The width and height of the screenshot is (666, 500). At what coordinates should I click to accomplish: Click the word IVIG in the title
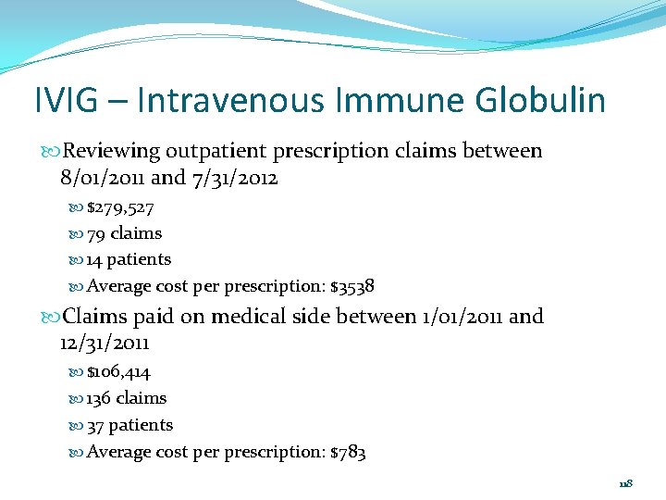(x=66, y=100)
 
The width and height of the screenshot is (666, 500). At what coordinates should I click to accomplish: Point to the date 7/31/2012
(x=235, y=177)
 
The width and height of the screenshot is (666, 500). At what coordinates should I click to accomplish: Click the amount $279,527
(x=120, y=207)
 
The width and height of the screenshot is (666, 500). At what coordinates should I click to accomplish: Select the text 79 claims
(x=124, y=233)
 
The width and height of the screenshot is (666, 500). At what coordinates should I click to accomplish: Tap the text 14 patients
(x=129, y=259)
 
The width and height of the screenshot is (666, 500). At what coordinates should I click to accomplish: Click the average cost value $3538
(x=352, y=286)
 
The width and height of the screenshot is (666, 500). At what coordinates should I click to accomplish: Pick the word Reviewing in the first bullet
(x=111, y=151)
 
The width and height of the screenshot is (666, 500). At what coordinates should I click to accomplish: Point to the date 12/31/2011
(x=104, y=344)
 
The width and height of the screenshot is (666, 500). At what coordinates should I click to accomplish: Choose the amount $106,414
(x=118, y=372)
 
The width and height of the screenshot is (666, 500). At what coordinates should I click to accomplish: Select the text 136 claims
(x=127, y=398)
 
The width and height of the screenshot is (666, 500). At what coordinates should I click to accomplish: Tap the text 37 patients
(x=129, y=425)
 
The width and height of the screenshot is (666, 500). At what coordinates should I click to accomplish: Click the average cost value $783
(x=348, y=452)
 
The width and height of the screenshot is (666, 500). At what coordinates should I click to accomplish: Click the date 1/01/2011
(x=460, y=317)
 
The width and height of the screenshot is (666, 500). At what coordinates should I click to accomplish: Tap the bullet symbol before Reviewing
(x=53, y=151)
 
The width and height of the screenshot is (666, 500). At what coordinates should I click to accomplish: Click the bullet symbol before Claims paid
(x=53, y=317)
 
